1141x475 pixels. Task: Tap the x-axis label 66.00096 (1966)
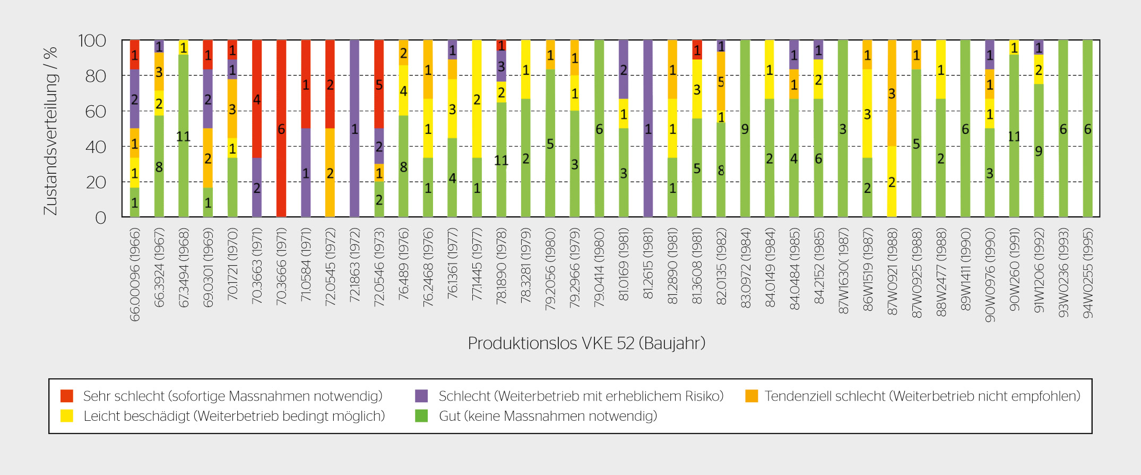[x=135, y=275]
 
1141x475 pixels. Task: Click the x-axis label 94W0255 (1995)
[x=1088, y=273]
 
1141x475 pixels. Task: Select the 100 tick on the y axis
[x=92, y=41]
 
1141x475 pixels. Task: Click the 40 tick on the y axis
[x=96, y=147]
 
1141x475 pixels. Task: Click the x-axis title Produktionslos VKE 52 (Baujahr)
[x=586, y=343]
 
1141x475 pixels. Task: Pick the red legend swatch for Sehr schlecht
[x=67, y=396]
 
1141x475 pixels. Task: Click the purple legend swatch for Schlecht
[x=421, y=396]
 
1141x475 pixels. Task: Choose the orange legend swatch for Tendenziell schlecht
[x=751, y=396]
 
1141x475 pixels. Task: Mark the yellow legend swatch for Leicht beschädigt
[x=67, y=416]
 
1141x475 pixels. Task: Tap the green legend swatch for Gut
[x=421, y=416]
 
